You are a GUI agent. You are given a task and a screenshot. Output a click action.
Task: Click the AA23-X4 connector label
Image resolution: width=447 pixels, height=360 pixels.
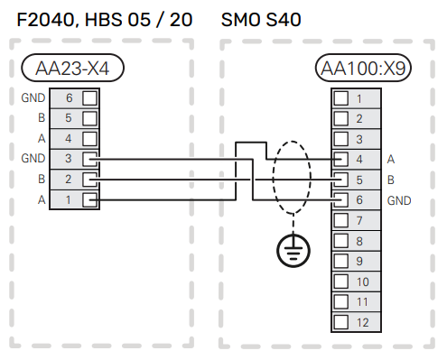point(71,67)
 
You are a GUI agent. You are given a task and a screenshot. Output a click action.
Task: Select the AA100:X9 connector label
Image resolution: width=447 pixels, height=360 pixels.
point(362,67)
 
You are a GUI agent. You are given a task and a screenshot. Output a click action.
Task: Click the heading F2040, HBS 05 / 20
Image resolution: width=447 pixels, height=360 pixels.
point(104,18)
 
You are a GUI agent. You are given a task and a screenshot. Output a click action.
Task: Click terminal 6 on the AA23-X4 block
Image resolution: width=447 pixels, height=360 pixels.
point(79,97)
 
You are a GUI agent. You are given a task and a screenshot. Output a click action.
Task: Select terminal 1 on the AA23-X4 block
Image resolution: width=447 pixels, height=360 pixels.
point(79,200)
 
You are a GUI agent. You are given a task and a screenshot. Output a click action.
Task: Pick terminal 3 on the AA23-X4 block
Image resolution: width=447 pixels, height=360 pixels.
point(79,159)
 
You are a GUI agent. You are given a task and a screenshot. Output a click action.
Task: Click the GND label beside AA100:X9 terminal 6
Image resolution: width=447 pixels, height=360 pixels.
point(399,200)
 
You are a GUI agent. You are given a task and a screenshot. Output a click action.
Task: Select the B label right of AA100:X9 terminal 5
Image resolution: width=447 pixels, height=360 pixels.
point(391,180)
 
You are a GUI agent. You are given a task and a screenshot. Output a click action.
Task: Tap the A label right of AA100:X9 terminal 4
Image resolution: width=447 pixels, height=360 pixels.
point(391,159)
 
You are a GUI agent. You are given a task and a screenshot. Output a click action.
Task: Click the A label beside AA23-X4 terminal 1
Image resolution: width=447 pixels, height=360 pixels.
point(40,200)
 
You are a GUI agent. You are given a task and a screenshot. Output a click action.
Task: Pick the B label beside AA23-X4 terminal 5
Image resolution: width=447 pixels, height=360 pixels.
point(40,117)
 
